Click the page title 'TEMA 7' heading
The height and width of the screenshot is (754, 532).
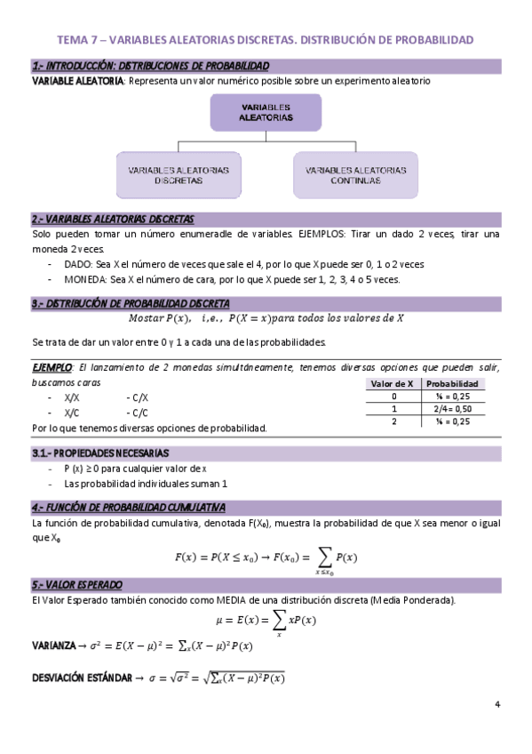coord(266,40)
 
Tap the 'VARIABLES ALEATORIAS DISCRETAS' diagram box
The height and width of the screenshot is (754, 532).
coord(178,174)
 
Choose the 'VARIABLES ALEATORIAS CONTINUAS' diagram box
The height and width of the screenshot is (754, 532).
coord(355,174)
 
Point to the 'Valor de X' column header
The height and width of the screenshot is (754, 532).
coord(393,383)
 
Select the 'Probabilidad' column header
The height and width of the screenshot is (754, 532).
coord(458,383)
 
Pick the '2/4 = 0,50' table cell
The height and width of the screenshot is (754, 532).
coord(458,408)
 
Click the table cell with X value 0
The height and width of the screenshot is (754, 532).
coord(393,396)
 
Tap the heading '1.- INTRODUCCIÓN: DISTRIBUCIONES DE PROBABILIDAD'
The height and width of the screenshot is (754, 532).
coord(150,66)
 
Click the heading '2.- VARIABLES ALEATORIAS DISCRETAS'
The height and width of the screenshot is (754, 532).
coord(112,219)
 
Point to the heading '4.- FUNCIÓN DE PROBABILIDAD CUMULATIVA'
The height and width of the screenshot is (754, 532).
coord(128,507)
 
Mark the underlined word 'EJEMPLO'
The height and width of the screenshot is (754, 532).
coord(52,367)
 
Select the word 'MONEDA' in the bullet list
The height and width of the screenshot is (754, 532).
coord(84,278)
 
